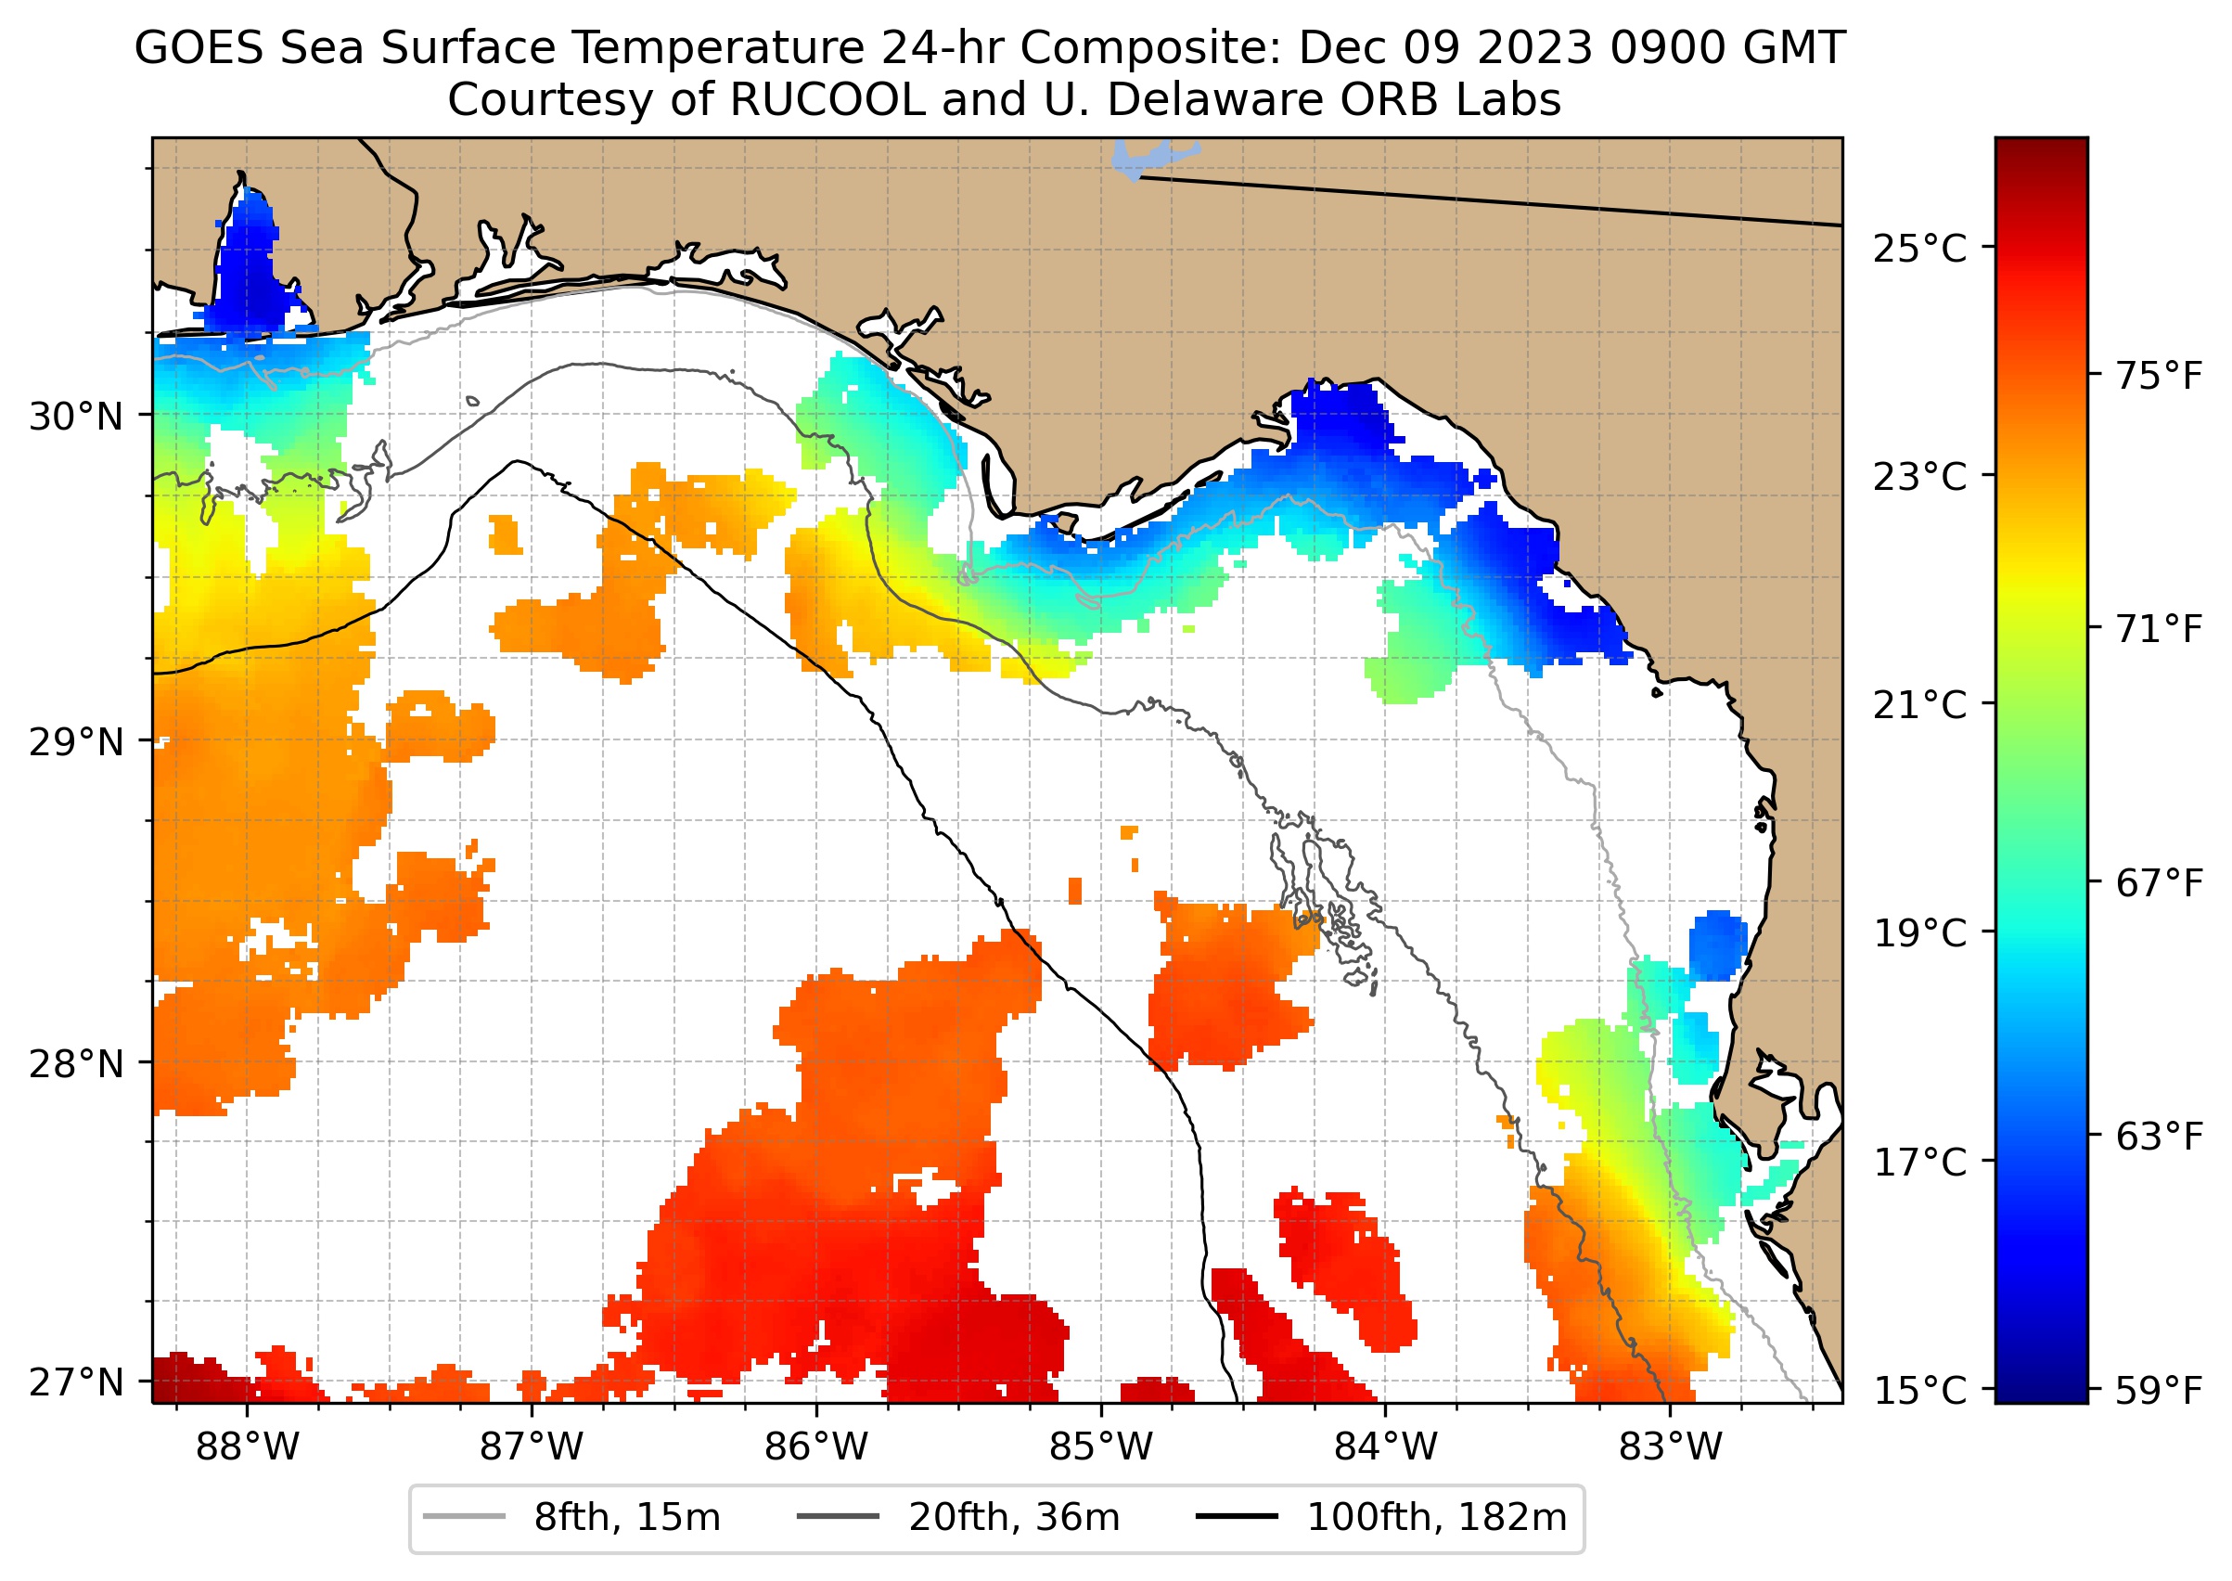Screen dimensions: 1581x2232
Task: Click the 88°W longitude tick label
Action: click(x=248, y=1446)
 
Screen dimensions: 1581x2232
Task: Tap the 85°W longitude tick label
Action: click(x=1101, y=1446)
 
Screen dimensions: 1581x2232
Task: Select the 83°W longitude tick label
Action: click(x=1671, y=1446)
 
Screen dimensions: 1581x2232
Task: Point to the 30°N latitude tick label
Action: click(x=76, y=417)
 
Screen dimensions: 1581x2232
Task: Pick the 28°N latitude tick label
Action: click(x=76, y=1064)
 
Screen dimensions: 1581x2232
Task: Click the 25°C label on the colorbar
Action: click(x=1919, y=249)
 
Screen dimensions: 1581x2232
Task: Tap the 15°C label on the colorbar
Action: click(x=1919, y=1390)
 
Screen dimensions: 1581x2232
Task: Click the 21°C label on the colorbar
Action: click(x=1919, y=705)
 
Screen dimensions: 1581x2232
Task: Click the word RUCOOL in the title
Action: click(x=827, y=99)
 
